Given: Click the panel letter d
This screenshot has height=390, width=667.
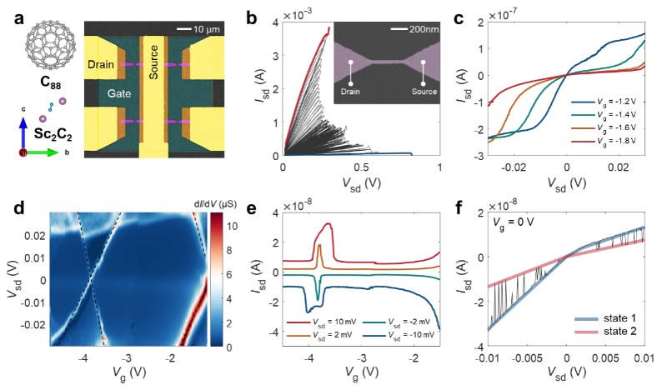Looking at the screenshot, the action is tap(18, 208).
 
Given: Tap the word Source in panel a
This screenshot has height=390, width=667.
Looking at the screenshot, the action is tap(153, 62).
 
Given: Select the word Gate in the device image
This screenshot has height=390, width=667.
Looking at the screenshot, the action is tap(119, 93).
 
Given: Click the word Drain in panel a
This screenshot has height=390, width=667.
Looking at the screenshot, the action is tap(101, 65).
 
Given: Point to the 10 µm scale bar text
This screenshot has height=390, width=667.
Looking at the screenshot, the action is tap(207, 30).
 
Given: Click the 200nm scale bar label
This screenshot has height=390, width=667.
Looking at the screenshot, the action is tap(424, 29).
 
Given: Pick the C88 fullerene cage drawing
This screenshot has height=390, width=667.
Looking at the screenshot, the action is tap(51, 45).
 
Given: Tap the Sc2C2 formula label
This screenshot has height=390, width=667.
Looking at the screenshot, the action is tap(53, 135).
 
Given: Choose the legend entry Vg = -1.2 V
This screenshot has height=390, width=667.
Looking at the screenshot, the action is tap(604, 102).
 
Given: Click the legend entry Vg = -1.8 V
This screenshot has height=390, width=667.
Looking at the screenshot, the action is tap(604, 141).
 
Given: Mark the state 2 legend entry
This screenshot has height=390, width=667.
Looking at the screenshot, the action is tap(606, 332).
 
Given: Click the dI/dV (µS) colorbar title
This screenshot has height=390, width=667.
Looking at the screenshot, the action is tap(214, 202).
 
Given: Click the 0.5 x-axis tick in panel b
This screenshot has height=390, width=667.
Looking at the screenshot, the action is tap(362, 167).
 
